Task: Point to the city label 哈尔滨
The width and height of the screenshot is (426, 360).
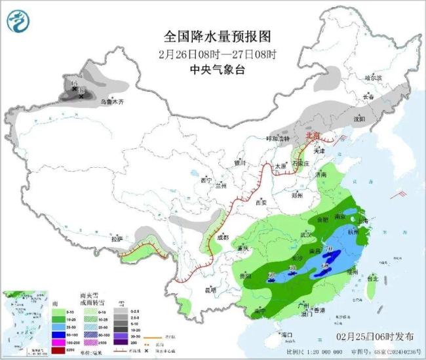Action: pos(372,77)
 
